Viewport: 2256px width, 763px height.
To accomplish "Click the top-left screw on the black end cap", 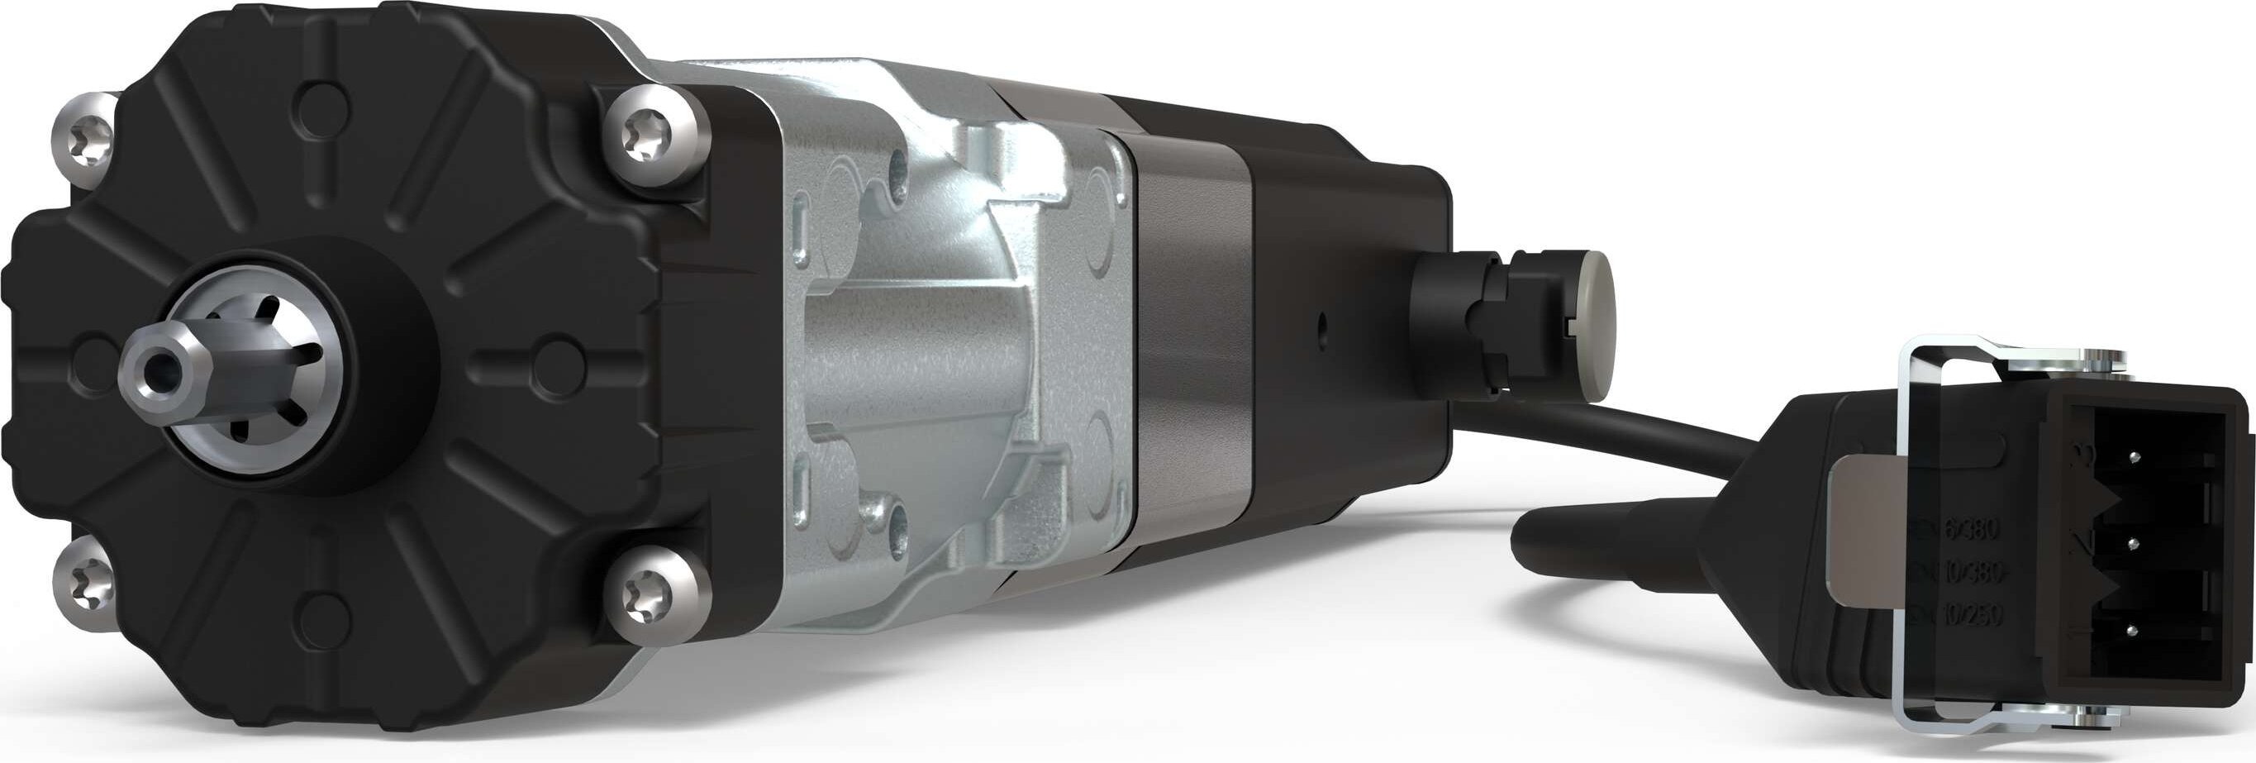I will (x=84, y=141).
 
